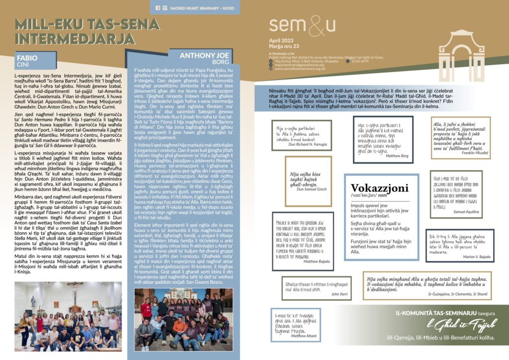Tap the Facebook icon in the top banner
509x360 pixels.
coord(158,8)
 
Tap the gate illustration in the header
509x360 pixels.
coord(461,49)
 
